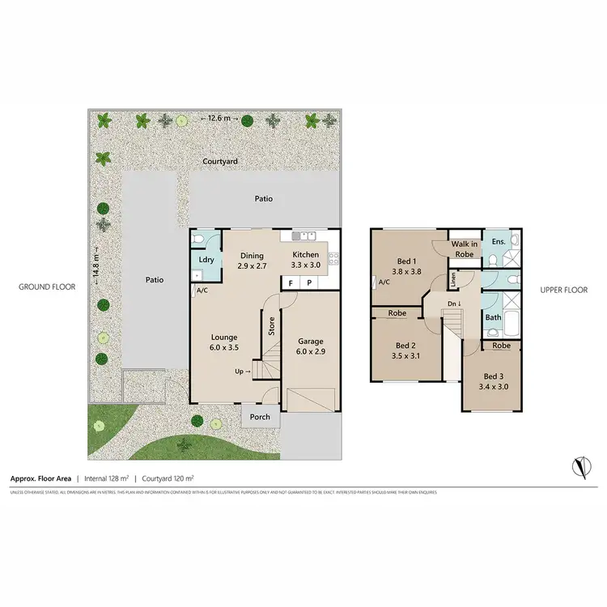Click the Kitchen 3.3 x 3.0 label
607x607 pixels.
(306, 260)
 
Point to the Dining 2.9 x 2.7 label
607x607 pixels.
(252, 260)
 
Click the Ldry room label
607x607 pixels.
(206, 259)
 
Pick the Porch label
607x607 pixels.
(261, 418)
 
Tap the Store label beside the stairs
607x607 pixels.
(272, 327)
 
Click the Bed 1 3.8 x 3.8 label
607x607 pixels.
(407, 266)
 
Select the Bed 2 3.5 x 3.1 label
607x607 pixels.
(401, 349)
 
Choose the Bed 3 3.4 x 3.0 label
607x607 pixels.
(493, 381)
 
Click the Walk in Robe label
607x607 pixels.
(465, 248)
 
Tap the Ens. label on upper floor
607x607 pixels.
(499, 241)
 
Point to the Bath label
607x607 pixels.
(494, 318)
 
